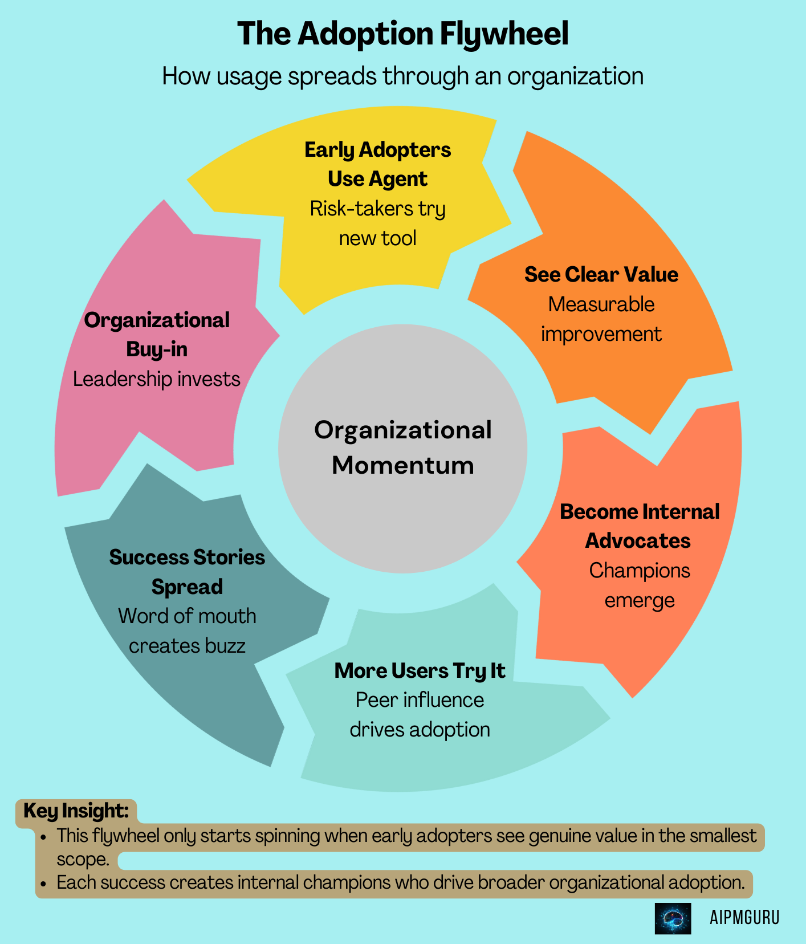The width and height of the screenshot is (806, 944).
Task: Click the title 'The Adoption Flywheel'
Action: click(402, 34)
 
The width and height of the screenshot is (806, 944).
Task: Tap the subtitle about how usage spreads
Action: click(402, 76)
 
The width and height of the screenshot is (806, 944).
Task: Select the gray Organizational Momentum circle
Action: click(402, 448)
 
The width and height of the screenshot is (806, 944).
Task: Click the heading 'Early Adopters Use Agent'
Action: click(377, 164)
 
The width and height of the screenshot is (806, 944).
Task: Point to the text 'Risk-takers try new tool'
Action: click(377, 223)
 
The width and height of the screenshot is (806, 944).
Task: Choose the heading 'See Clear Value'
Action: click(601, 274)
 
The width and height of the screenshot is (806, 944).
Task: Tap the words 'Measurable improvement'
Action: click(601, 319)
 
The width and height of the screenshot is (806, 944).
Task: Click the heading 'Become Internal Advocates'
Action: click(639, 526)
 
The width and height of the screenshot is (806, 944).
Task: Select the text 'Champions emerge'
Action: click(639, 585)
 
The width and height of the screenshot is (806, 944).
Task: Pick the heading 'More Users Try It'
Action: click(420, 671)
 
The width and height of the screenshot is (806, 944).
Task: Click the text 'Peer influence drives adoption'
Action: click(420, 715)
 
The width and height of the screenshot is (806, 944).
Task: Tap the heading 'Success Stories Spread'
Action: click(187, 572)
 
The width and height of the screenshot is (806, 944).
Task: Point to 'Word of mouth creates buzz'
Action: click(187, 631)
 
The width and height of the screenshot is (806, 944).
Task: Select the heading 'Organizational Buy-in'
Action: click(157, 335)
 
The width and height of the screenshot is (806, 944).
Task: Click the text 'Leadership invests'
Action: click(157, 379)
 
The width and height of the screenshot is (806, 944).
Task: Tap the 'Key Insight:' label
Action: click(76, 811)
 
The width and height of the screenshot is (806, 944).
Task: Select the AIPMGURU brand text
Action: click(744, 918)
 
